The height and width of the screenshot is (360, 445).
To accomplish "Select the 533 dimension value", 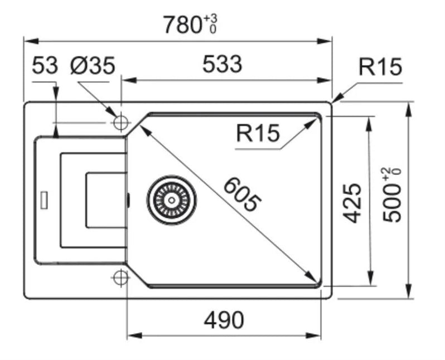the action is (222, 64).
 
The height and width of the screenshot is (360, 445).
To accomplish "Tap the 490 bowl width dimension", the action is (224, 320).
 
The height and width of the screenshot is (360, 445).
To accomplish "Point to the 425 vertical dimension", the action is (352, 203).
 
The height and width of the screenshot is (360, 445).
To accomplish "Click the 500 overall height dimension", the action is (392, 202).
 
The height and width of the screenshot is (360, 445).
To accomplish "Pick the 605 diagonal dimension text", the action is (242, 194).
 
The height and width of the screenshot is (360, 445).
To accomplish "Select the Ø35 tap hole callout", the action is (93, 65).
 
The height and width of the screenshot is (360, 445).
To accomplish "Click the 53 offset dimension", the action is (45, 65).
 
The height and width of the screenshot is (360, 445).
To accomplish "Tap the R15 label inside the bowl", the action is (258, 133).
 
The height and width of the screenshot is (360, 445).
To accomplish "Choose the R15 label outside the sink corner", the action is (380, 67).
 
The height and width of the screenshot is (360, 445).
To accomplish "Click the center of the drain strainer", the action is (171, 200).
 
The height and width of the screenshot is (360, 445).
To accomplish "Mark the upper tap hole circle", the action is (121, 123).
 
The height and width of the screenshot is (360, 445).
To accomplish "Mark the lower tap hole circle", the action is (120, 277).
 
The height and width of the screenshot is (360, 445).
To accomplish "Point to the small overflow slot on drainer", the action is (44, 200).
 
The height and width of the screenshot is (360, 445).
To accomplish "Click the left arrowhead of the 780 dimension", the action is (31, 41).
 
